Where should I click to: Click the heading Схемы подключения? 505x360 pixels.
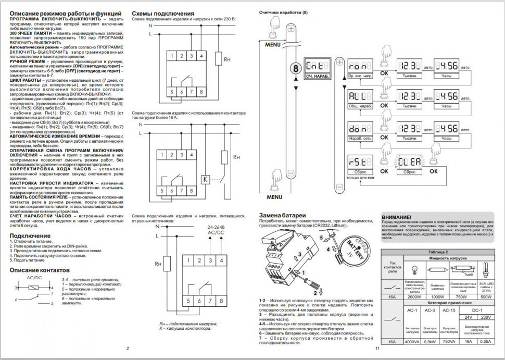tap(163, 13)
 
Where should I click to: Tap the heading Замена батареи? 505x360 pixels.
tap(282, 216)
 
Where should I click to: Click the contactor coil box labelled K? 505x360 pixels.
tap(205, 178)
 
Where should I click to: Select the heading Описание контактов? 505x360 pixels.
tap(40, 270)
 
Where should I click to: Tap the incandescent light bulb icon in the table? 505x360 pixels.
tap(414, 269)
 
